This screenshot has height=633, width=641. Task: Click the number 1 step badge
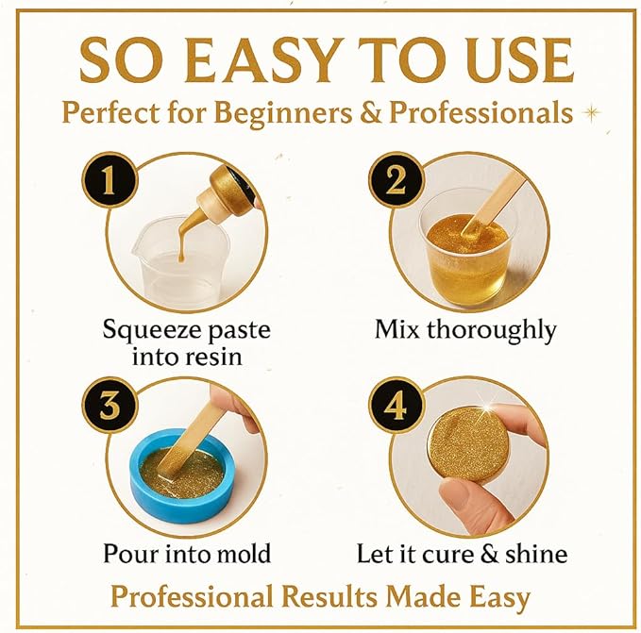[x=110, y=180]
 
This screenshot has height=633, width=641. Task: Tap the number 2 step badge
[x=396, y=180]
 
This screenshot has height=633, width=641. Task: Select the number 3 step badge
[x=110, y=405]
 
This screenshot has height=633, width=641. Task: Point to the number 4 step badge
[x=396, y=405]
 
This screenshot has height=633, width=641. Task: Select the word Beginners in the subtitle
[x=283, y=112]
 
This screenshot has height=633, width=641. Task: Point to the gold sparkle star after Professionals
[x=591, y=112]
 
